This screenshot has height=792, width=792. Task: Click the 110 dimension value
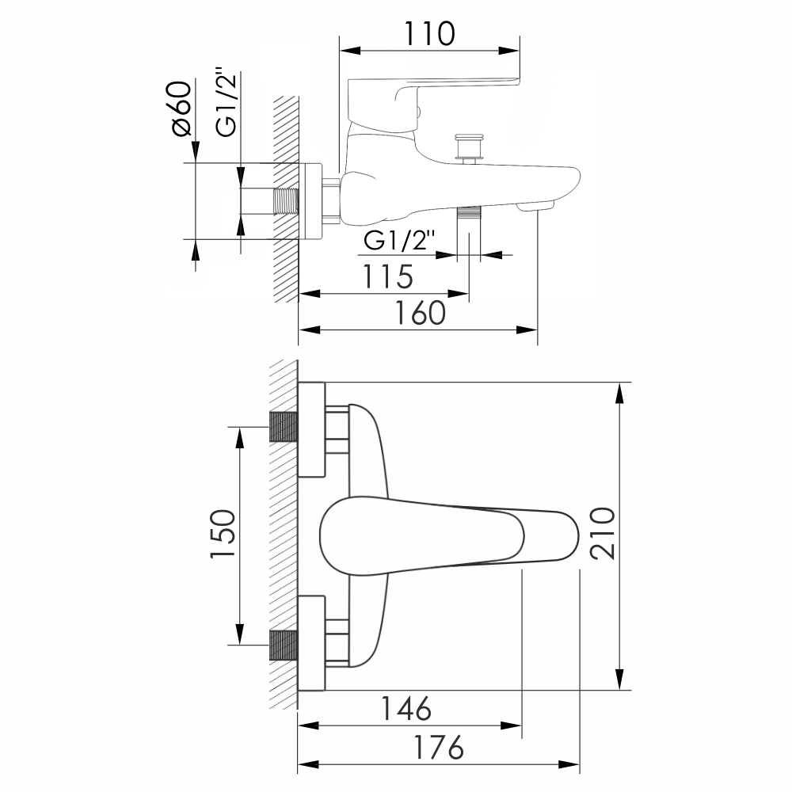[429, 34]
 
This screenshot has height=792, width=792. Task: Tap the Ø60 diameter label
[182, 109]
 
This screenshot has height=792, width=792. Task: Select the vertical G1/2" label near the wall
[227, 101]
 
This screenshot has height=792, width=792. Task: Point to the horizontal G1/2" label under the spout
[399, 241]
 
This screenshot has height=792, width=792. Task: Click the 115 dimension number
[388, 276]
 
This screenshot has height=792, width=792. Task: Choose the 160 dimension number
[420, 313]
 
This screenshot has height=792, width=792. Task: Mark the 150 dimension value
[223, 534]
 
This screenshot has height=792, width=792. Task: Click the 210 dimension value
[603, 533]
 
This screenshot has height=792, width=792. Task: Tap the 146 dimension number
[406, 709]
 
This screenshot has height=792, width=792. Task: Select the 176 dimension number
[439, 748]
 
